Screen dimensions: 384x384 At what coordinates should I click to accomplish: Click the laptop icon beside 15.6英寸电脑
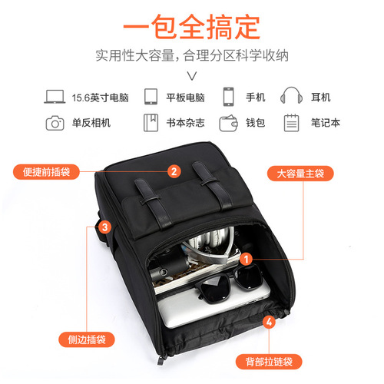(55, 97)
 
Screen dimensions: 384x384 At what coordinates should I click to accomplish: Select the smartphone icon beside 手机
(228, 97)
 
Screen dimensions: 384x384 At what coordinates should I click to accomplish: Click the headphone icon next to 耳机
(290, 97)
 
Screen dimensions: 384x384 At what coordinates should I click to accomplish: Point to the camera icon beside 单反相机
(55, 122)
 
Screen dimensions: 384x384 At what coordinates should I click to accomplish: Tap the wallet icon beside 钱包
(228, 122)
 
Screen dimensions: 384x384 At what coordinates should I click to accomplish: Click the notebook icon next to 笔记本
(290, 122)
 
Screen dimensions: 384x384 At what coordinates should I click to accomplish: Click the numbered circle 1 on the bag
(245, 260)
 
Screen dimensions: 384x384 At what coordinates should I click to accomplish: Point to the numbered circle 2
(174, 172)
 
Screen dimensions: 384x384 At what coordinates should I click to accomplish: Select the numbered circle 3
(104, 227)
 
